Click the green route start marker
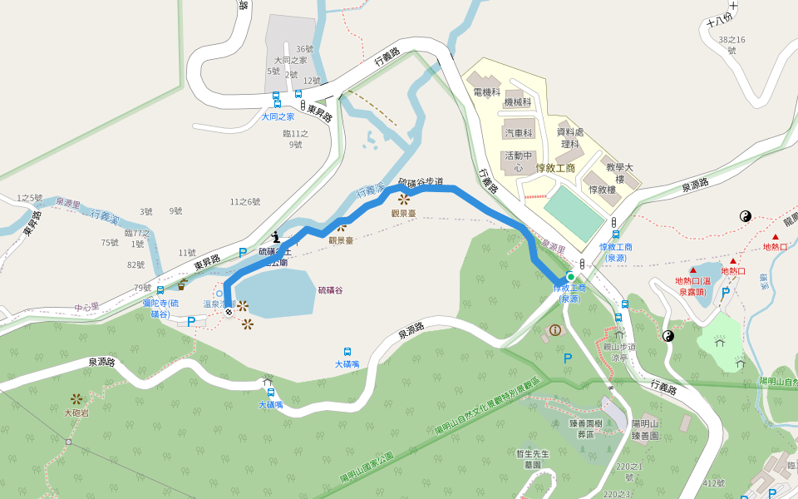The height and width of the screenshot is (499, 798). point(570,276)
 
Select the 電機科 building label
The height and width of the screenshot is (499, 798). point(486,92)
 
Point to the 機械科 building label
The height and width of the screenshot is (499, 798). point(517,102)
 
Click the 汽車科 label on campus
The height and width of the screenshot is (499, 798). point(518,133)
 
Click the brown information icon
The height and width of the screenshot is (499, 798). point(555,330)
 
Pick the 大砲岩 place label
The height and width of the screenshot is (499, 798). point(76,413)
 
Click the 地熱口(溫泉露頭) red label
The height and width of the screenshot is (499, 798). point(692,286)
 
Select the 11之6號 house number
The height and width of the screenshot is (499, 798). point(245,201)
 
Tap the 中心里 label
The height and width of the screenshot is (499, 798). point(86,307)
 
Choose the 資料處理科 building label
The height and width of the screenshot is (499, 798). point(571,137)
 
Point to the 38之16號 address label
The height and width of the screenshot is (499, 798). point(731,45)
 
